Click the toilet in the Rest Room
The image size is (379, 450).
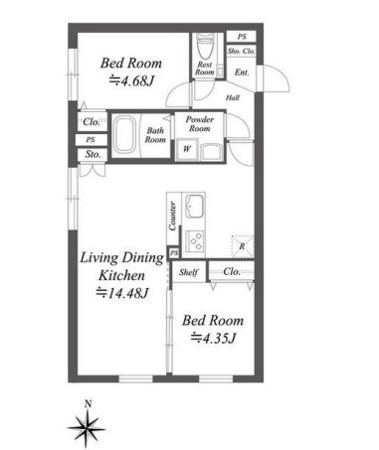(206, 47)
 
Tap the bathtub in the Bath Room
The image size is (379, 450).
(124, 136)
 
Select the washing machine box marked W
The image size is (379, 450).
(187, 150)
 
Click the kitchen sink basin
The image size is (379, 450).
(195, 206)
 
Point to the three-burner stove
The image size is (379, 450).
(195, 241)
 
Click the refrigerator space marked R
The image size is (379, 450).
(243, 246)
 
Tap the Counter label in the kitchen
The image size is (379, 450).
(172, 216)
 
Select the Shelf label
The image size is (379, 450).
(188, 272)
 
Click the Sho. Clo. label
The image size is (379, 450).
(241, 51)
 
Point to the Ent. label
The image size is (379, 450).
(242, 73)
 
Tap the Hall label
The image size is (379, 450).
(233, 97)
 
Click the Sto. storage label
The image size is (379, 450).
(93, 154)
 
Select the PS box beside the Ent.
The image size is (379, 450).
(242, 37)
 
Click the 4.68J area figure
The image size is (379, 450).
(132, 81)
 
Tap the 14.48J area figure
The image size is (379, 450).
(122, 293)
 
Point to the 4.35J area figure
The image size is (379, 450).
(213, 338)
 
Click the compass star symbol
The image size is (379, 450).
(88, 428)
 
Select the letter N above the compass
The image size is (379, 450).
(88, 404)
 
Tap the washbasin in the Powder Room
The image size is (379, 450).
(212, 152)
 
